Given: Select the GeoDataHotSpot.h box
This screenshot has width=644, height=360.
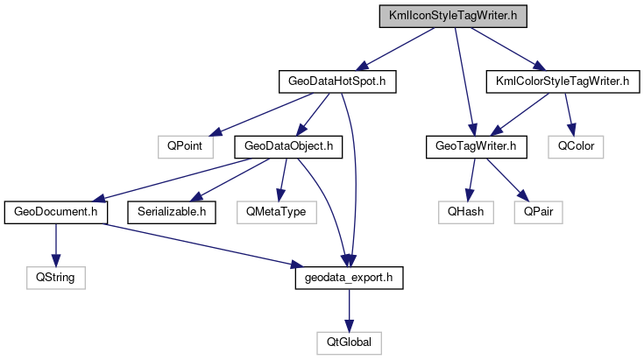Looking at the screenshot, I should coord(337,81).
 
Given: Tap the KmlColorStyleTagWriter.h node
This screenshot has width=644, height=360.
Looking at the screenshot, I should coord(558,81).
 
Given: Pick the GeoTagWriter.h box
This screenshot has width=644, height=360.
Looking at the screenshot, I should coord(475,146).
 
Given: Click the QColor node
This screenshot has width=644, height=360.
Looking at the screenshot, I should coord(575,146).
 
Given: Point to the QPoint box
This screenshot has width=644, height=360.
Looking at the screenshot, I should coord(186,146).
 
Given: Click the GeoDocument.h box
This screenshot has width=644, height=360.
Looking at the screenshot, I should coord(56,211).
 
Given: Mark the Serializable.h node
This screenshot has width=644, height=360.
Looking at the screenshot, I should coord(172,211).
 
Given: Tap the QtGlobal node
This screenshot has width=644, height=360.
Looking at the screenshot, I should coord(349,342).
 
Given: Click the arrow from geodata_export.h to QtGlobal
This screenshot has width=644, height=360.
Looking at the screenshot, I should coord(349,309).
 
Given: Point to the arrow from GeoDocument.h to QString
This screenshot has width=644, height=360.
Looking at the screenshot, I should coord(56,244).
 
